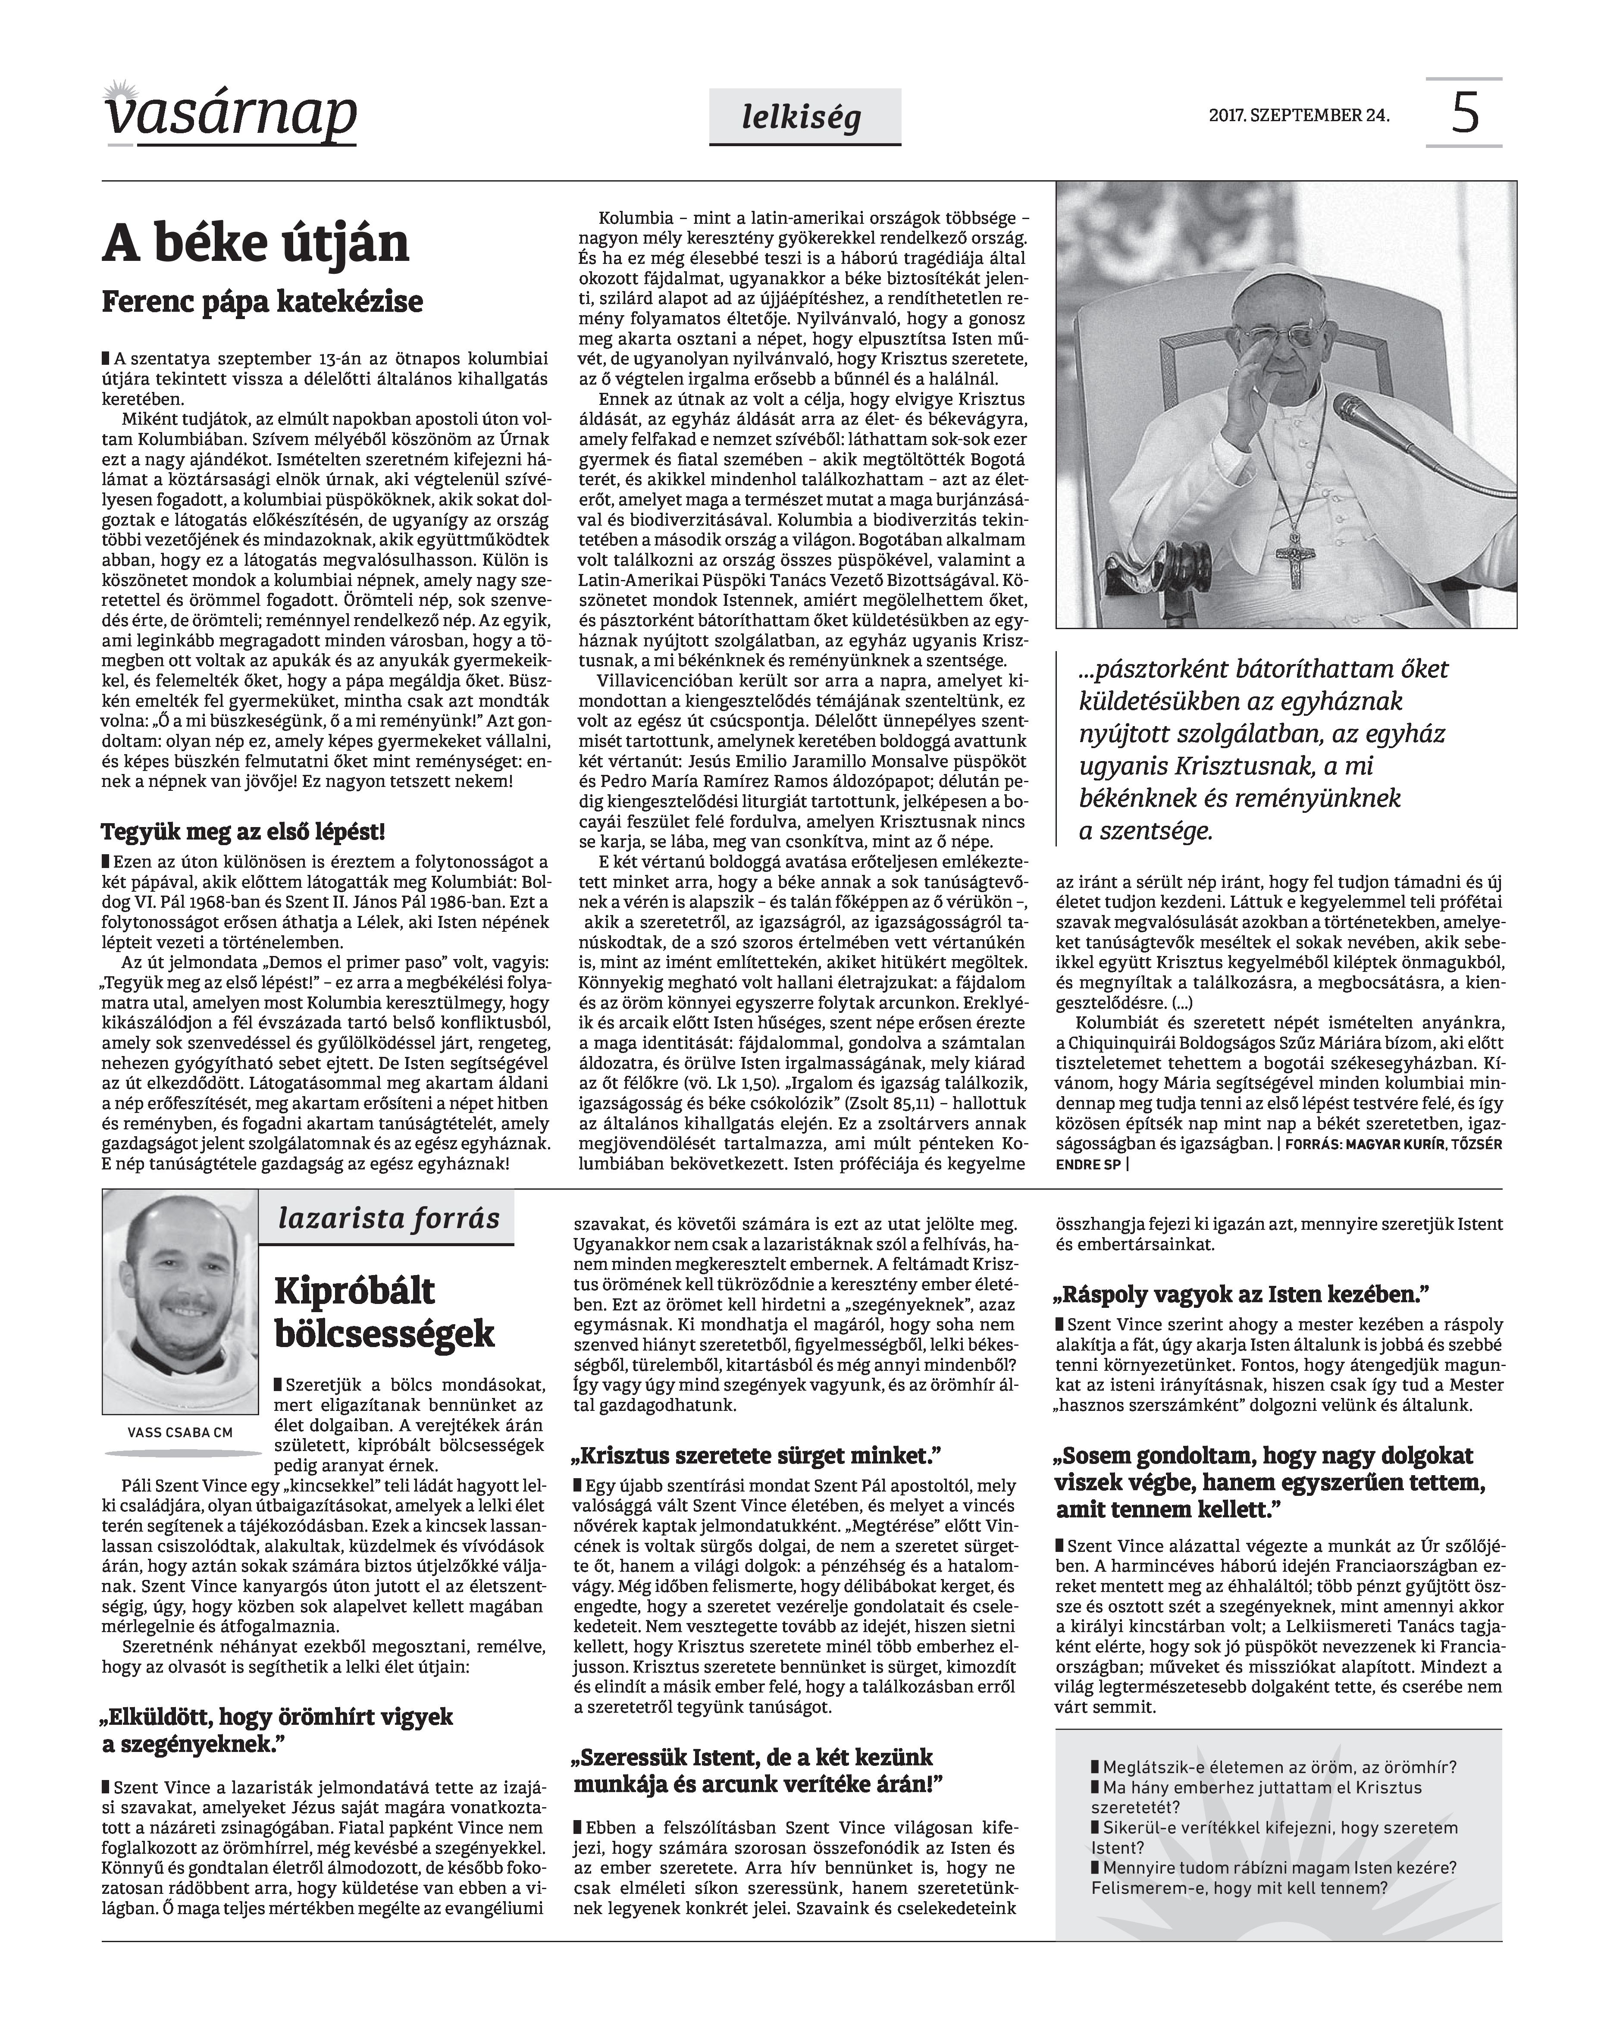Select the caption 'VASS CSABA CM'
[x=179, y=1432]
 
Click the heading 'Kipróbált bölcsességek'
[x=385, y=1313]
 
